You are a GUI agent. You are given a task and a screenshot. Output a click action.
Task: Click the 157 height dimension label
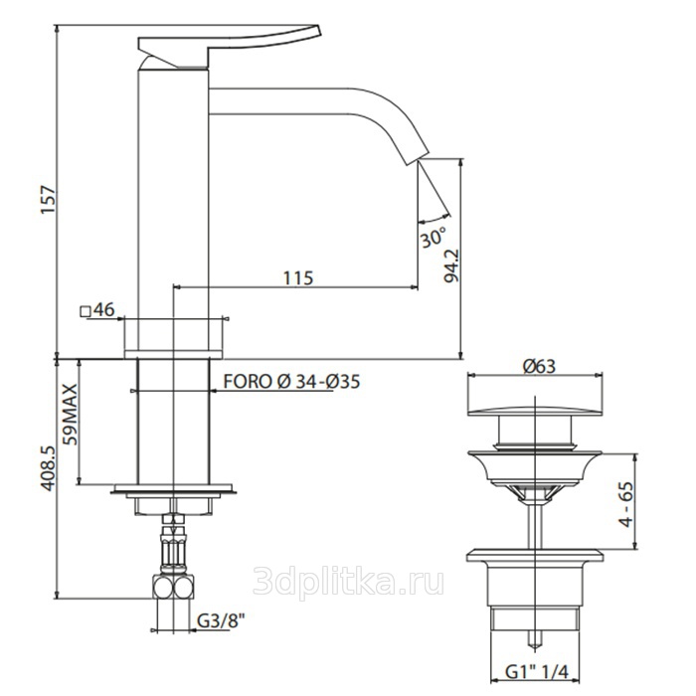coord(49,200)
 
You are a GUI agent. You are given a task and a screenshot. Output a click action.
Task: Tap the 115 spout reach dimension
coord(298,278)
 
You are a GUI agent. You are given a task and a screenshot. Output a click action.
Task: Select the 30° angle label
coord(433,238)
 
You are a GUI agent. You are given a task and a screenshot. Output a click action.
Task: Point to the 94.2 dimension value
coord(451,265)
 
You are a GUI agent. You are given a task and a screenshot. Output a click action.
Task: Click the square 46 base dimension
coord(97,310)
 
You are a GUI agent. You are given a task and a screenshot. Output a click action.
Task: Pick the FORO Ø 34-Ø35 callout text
coord(291,382)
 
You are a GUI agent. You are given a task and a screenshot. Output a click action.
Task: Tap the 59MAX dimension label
coord(71,415)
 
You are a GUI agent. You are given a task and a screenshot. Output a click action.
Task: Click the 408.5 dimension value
coord(49,468)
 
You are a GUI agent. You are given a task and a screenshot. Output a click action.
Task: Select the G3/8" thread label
coord(221,621)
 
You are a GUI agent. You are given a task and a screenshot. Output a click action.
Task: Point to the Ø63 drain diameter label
coord(539,366)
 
